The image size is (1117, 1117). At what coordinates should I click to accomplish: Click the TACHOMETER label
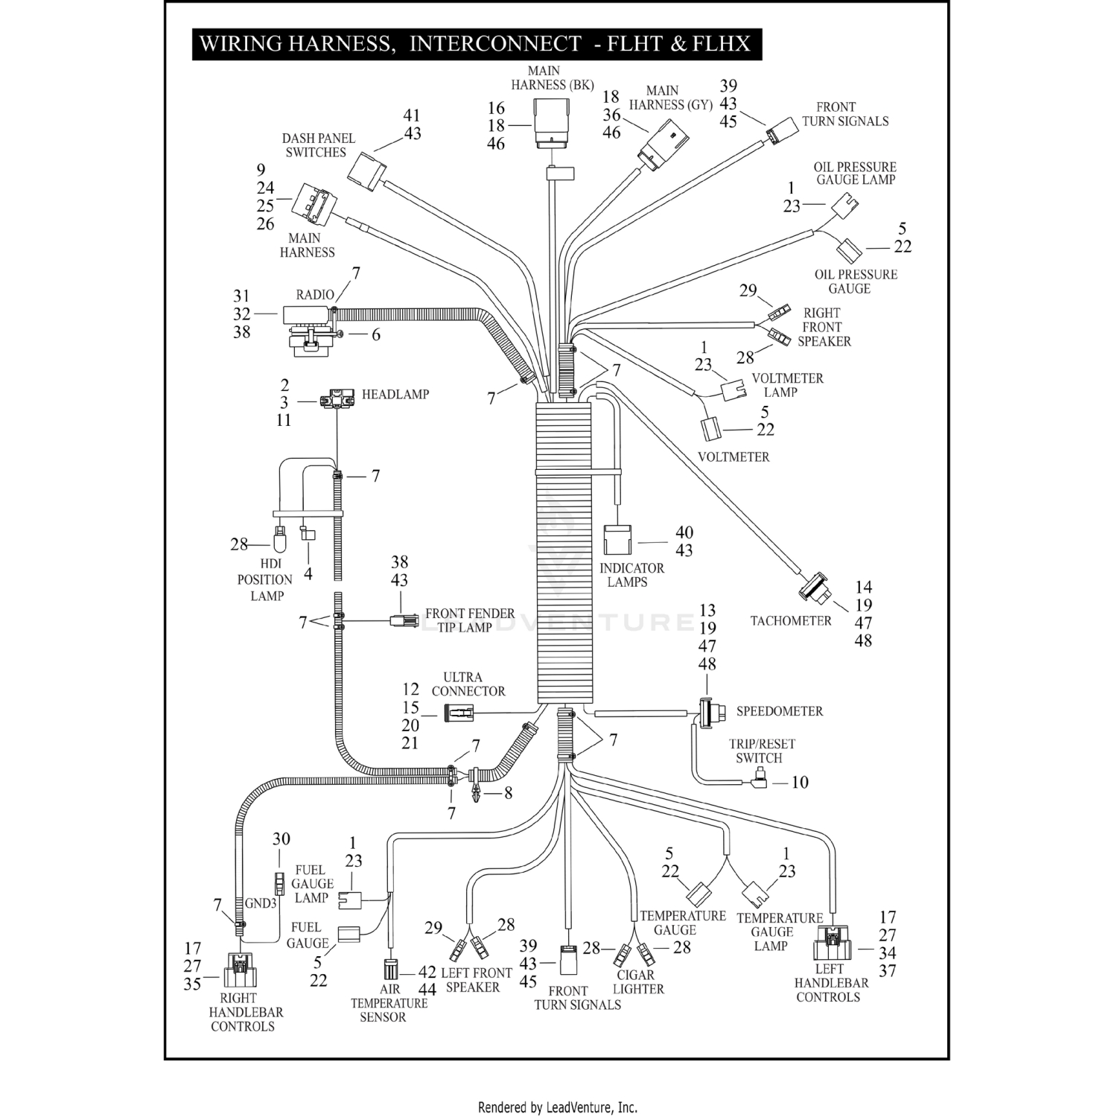790,621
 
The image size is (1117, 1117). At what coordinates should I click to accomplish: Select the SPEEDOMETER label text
779,711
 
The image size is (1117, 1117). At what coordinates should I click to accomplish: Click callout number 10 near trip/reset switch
800,782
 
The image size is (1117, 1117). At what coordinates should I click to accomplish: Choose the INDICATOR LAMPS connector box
617,540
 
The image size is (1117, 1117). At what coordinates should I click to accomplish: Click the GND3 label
261,903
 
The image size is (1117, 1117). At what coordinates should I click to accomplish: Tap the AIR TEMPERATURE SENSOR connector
389,970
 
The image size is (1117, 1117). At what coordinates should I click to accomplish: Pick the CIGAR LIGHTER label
637,982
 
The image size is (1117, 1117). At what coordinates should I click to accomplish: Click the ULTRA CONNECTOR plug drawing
459,713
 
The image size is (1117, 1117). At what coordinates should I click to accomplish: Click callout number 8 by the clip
508,793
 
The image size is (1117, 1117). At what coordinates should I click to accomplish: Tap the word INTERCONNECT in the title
495,43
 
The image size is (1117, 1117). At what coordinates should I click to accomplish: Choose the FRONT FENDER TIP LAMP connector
403,620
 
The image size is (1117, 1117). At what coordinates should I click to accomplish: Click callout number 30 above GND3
281,839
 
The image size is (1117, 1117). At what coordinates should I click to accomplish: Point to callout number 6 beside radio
375,335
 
